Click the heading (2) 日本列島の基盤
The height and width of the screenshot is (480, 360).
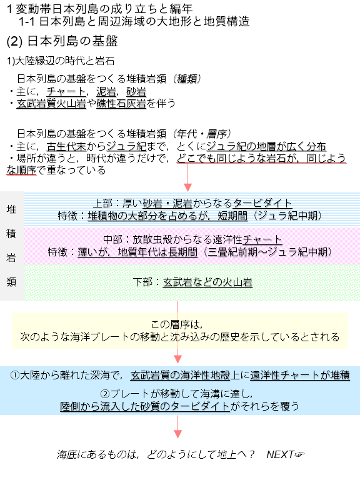[x=62, y=41]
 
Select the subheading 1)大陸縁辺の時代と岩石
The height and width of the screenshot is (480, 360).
[x=61, y=61]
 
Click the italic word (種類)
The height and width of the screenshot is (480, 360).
[x=187, y=79]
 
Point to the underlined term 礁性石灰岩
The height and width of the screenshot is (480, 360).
[x=121, y=104]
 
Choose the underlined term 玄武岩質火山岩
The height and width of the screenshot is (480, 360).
[x=51, y=104]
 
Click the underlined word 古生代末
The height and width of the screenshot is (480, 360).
[x=66, y=146]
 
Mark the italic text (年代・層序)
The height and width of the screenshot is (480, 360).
[x=202, y=134]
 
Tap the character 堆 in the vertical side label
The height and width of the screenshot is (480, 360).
[x=11, y=209]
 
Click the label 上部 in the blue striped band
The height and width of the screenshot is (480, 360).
[x=103, y=203]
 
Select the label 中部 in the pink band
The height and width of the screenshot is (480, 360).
[x=113, y=239]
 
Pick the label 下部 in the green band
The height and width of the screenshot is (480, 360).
[x=143, y=282]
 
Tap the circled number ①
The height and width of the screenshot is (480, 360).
[x=15, y=375]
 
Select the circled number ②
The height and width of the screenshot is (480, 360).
[x=105, y=394]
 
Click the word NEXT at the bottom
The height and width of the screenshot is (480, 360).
[x=280, y=454]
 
